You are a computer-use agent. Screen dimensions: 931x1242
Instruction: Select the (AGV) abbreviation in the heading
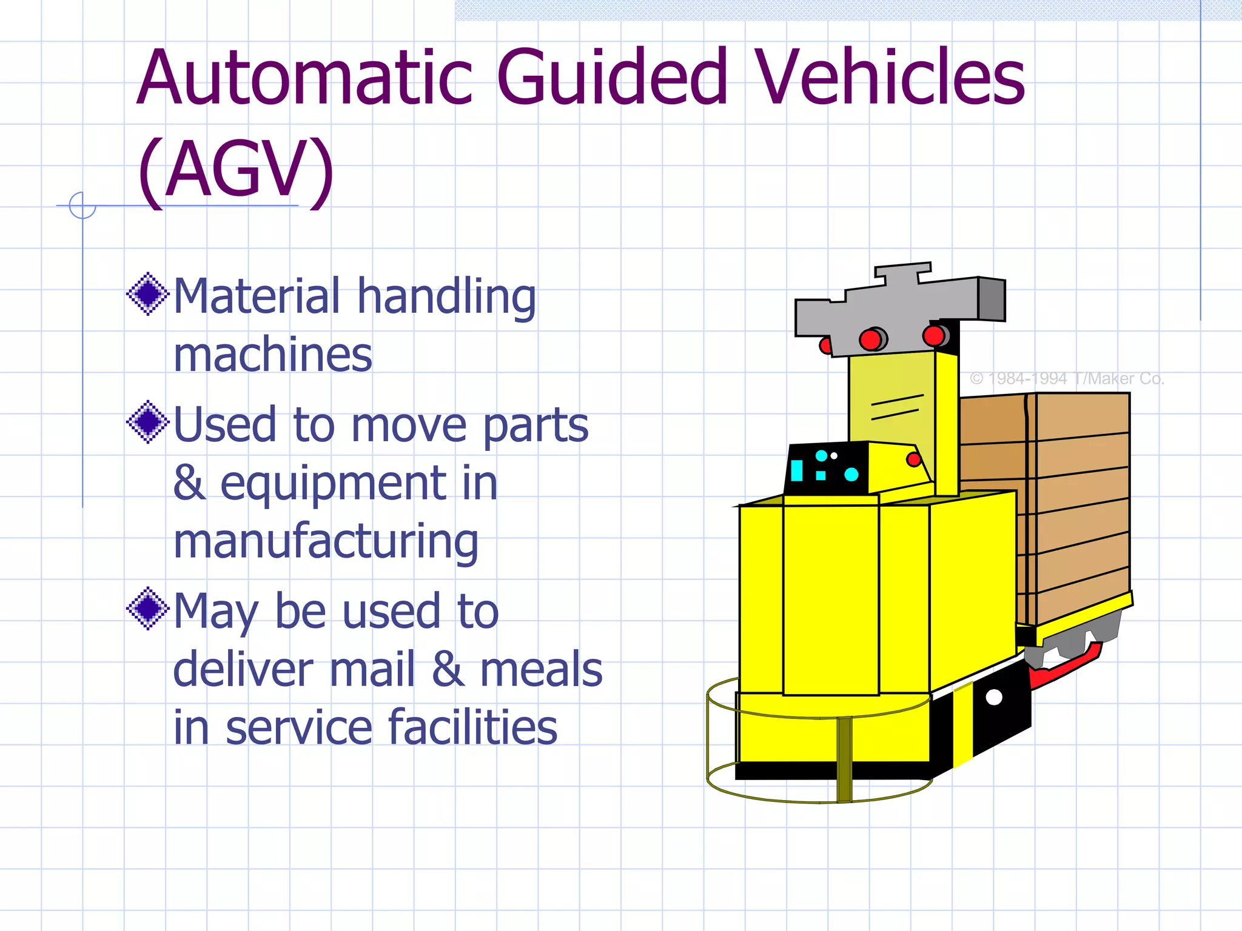click(235, 170)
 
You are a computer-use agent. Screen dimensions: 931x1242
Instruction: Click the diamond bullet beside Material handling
click(147, 294)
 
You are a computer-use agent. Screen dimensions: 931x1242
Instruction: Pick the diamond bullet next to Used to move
click(147, 422)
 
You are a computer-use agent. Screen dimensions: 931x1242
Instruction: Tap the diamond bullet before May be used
click(147, 609)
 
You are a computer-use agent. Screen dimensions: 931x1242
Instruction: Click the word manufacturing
click(326, 541)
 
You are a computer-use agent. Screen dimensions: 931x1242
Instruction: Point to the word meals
click(541, 669)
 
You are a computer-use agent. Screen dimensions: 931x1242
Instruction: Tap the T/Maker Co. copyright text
click(1067, 379)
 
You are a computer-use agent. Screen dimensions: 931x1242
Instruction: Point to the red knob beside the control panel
click(913, 459)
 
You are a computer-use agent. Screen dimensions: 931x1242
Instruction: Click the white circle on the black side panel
click(994, 697)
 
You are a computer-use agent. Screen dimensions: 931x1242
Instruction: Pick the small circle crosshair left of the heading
click(82, 205)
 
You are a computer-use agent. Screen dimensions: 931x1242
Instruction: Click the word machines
click(273, 355)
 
